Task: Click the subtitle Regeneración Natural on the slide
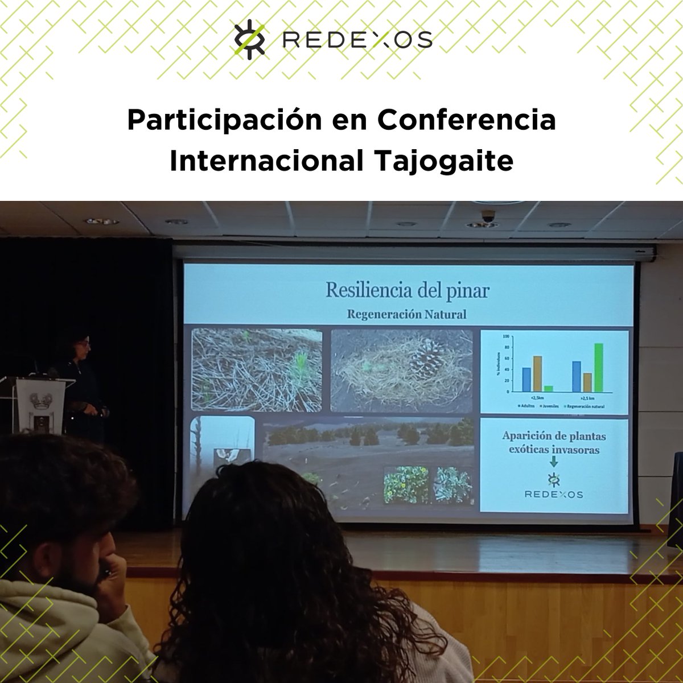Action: tap(408, 314)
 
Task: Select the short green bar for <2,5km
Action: tap(548, 389)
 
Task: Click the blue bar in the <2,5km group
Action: tap(526, 380)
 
